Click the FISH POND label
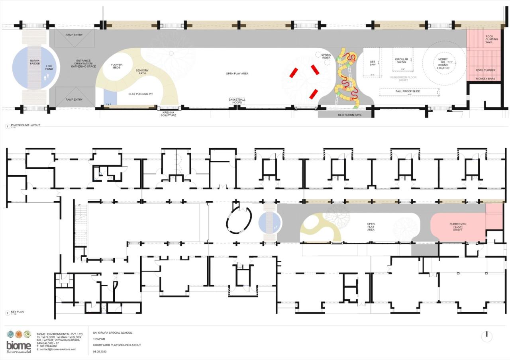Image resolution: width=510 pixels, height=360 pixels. (49, 68)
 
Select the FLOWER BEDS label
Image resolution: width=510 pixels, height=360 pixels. (117, 66)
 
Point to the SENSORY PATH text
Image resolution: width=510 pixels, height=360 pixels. (142, 72)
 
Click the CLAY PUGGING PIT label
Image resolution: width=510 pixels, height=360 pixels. (141, 94)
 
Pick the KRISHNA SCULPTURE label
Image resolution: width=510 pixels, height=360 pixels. (168, 113)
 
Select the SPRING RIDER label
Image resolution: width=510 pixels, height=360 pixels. (326, 56)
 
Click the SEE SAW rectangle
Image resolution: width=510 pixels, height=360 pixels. (373, 63)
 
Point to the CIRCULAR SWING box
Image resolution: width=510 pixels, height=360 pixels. (401, 60)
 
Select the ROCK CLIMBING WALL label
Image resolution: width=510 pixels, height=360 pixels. (489, 39)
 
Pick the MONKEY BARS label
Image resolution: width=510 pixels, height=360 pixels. (486, 78)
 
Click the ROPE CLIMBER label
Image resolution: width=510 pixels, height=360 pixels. (486, 70)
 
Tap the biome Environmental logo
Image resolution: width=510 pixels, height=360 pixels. (19, 341)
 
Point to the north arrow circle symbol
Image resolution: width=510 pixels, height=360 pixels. (486, 337)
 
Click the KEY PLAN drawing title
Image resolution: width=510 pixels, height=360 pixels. (18, 312)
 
